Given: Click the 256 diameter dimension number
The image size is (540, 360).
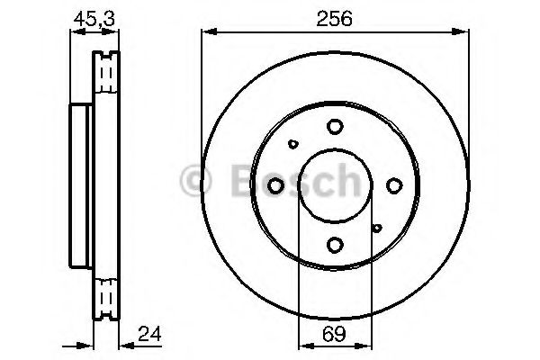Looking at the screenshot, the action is pyautogui.click(x=335, y=19).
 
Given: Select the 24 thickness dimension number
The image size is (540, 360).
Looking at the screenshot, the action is pyautogui.click(x=149, y=334).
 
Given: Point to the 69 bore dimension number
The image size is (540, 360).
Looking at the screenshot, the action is pyautogui.click(x=335, y=334).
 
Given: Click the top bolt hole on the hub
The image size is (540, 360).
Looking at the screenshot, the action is pyautogui.click(x=335, y=126).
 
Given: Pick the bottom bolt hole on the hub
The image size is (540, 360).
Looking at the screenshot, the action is pyautogui.click(x=335, y=245).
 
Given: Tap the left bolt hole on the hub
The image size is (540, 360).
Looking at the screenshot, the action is pyautogui.click(x=275, y=185).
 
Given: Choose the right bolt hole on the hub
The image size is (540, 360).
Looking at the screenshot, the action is pyautogui.click(x=394, y=185).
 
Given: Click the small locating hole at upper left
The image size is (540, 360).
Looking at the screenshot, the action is pyautogui.click(x=293, y=144).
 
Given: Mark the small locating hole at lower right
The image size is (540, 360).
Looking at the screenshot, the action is pyautogui.click(x=377, y=228).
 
